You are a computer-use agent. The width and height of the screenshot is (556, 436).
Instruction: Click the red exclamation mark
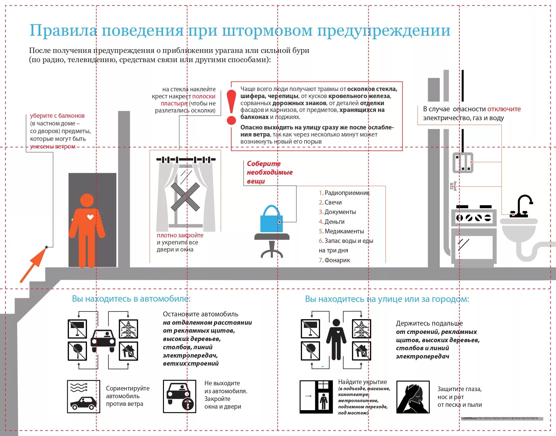point(231,107)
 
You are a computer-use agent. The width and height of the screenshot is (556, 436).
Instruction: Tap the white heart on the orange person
point(90,217)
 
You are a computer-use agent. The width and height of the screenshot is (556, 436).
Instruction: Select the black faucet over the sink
point(522,206)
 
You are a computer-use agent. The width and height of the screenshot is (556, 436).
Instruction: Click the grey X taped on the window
point(185,197)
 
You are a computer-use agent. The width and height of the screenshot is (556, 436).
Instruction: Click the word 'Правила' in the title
point(63,31)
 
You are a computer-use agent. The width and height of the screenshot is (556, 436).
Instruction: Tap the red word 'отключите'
point(504,109)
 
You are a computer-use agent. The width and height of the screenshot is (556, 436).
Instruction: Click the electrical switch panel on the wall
point(463,162)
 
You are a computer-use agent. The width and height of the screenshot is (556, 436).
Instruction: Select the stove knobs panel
point(474,218)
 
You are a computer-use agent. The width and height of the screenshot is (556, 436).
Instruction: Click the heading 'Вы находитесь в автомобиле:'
point(131,299)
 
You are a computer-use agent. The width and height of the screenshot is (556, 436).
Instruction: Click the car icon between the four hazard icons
point(103,340)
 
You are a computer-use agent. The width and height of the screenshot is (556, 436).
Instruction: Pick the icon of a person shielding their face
point(413,397)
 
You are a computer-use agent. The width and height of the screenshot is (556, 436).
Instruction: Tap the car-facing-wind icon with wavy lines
point(83,396)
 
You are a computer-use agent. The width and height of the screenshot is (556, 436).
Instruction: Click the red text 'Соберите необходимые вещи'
point(269,172)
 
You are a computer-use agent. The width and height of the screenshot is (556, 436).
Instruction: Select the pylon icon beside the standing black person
point(361,329)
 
